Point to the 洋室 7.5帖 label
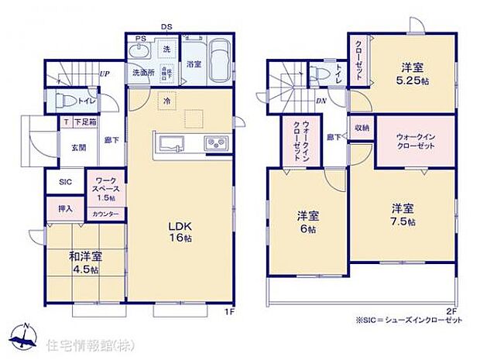tap(403, 214)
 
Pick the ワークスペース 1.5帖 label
tap(104, 188)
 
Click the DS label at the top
tap(166, 27)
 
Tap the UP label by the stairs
tap(103, 74)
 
